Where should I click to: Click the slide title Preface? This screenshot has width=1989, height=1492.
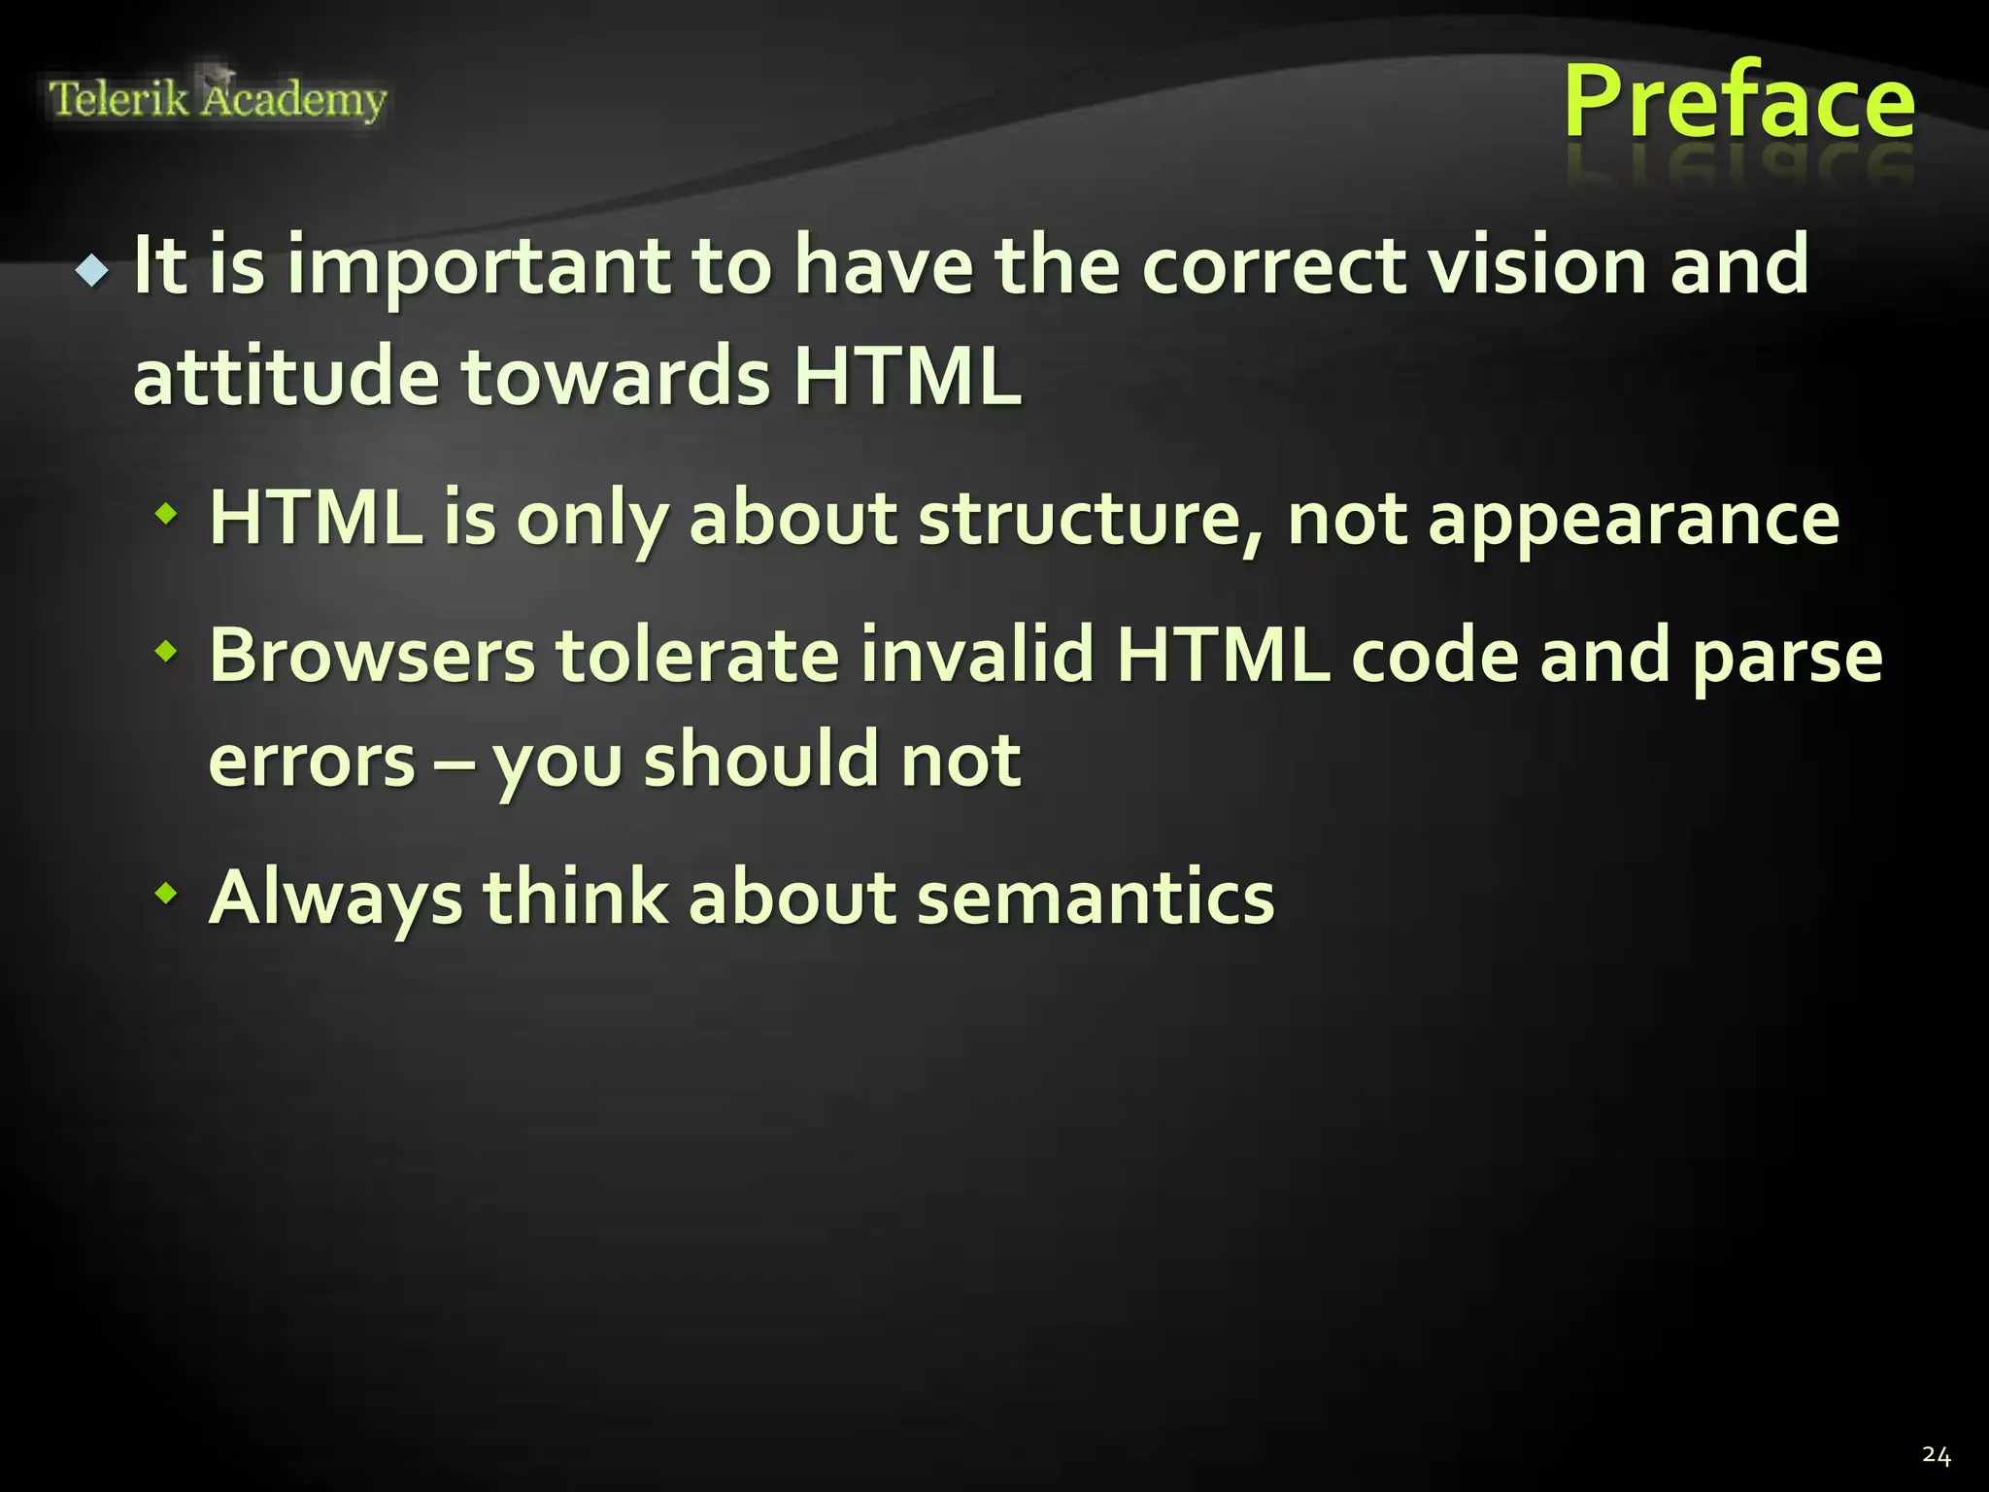click(x=1738, y=102)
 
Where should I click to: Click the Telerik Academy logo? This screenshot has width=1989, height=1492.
click(x=218, y=99)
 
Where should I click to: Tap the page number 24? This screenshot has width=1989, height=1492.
click(x=1936, y=1455)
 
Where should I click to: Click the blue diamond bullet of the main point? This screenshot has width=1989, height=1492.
click(x=92, y=270)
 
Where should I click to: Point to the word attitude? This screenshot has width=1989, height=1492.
click(x=286, y=377)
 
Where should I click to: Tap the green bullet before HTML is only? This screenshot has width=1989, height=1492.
click(x=168, y=512)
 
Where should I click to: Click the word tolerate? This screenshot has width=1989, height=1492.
click(x=697, y=657)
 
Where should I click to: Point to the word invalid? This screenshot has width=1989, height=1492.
click(x=977, y=657)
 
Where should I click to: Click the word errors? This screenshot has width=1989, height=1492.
click(x=312, y=761)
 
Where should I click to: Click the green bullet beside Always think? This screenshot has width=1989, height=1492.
click(x=168, y=892)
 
